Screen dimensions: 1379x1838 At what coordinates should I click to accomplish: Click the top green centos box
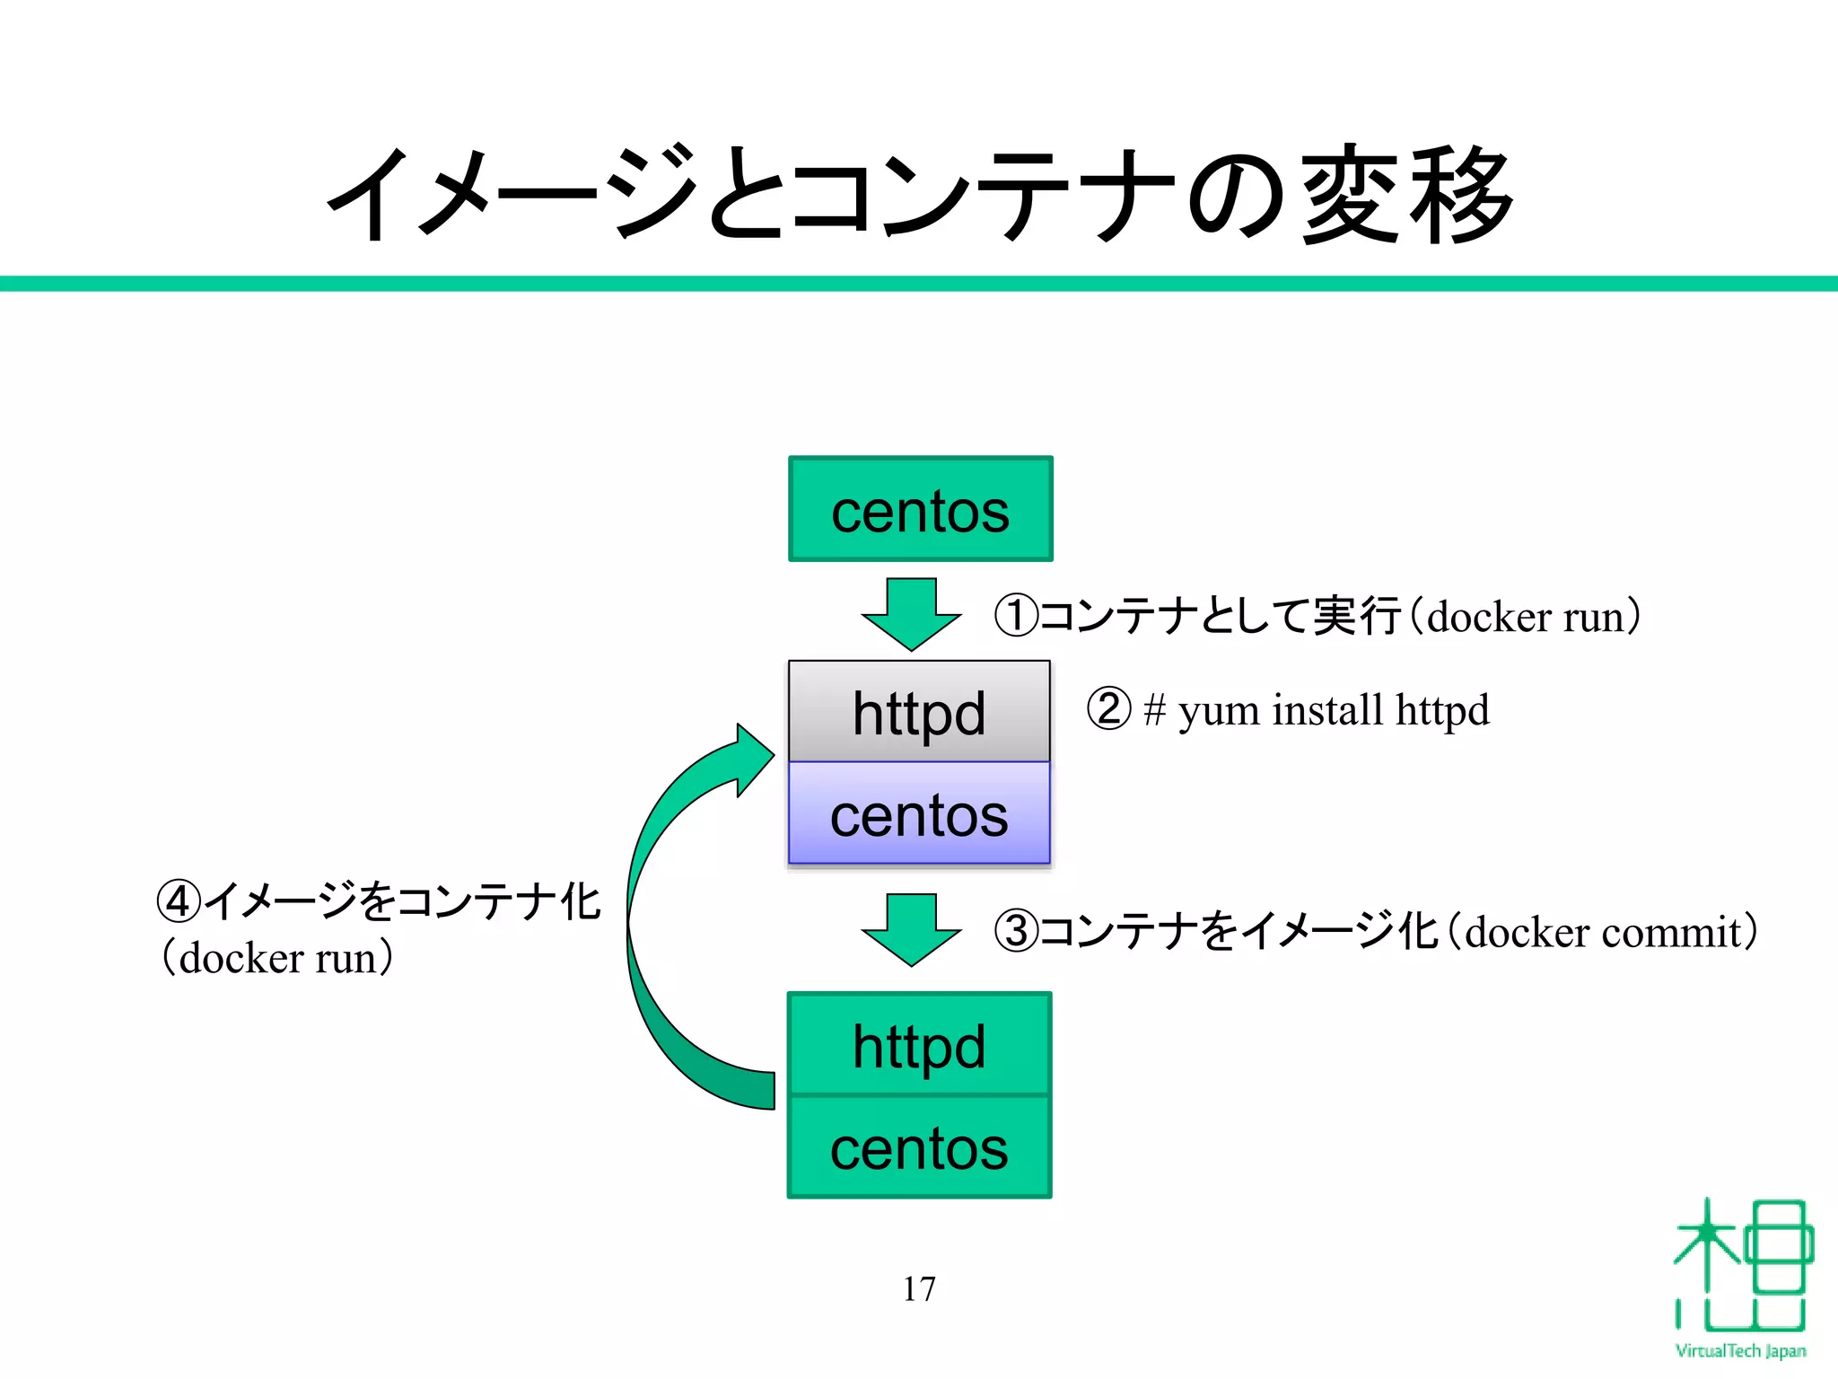(x=920, y=509)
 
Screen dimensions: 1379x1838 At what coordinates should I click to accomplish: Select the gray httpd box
(x=919, y=711)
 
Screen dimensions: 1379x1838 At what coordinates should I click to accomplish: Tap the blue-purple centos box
(x=919, y=813)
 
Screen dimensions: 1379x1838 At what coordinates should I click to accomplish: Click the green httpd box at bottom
(x=919, y=1044)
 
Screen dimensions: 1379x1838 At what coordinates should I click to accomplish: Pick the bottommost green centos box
(x=919, y=1147)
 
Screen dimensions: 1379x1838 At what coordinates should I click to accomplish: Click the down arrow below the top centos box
(x=911, y=614)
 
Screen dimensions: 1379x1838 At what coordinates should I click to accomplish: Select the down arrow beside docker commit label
(x=911, y=929)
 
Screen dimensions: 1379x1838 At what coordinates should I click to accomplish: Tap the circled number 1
(x=1016, y=616)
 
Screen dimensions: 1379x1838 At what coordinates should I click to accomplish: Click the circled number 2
(x=1108, y=709)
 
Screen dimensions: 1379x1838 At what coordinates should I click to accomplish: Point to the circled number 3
(x=1016, y=931)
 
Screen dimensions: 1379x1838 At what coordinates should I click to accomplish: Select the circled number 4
(x=179, y=900)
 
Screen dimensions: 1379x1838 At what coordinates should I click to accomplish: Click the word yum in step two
(x=1218, y=711)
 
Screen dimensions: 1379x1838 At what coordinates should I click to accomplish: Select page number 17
(x=919, y=1288)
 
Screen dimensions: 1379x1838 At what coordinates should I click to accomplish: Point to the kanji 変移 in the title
(x=1408, y=195)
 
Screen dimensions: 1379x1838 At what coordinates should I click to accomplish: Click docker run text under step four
(x=276, y=958)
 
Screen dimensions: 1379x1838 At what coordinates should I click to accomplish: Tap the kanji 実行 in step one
(x=1356, y=616)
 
